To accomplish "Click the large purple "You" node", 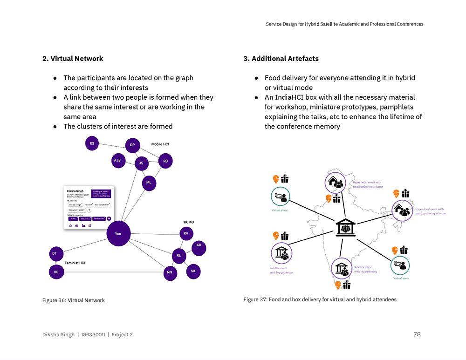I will [118, 234].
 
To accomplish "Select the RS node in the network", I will [92, 143].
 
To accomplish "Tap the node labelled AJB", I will [117, 161].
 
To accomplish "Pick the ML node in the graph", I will [149, 182].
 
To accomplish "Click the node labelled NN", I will [170, 273].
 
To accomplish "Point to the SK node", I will [193, 271].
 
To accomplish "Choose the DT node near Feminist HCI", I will [55, 254].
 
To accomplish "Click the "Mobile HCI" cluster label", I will [160, 144].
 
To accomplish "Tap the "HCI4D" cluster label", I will [189, 222].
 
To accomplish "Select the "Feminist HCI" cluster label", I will [75, 263].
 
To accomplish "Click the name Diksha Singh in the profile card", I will [75, 190].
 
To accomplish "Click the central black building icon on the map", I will [345, 228].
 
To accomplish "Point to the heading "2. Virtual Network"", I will [73, 59].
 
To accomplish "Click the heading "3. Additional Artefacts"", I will [281, 59].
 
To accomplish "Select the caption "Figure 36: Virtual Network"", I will [74, 300].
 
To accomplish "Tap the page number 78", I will [417, 334].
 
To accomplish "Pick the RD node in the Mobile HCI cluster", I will [165, 162].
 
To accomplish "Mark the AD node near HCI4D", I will [199, 245].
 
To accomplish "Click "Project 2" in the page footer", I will [122, 335].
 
